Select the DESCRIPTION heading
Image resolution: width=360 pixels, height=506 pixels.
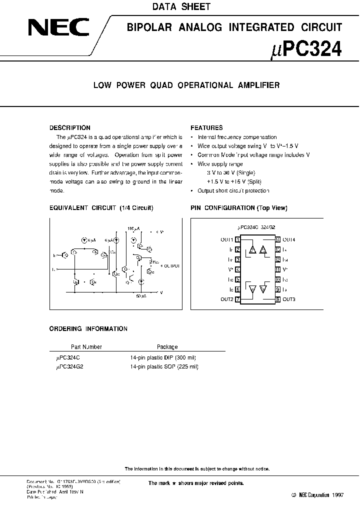(x=69, y=128)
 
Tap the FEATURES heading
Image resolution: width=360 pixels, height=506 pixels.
(x=206, y=128)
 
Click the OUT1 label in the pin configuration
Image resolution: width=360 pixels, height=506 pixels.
(x=227, y=240)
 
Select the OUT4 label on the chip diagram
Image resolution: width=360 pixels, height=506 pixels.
(x=289, y=240)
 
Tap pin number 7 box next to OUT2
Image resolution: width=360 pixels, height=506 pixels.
(x=237, y=299)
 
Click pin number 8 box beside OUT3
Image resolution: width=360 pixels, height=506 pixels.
(x=277, y=299)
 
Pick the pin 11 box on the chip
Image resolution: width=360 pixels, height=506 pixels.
(x=277, y=269)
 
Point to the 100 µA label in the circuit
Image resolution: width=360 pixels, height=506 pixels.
(x=133, y=227)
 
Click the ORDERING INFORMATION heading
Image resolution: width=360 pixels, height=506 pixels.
(x=88, y=329)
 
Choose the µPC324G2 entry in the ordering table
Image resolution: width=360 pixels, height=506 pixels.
(x=71, y=366)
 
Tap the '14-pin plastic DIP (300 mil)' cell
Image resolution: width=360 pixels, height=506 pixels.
(x=164, y=357)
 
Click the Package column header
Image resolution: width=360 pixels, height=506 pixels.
(x=167, y=346)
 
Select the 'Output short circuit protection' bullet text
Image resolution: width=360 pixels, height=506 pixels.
(x=233, y=191)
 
